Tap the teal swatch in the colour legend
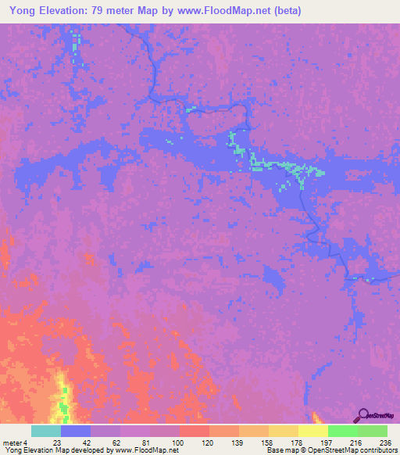46,431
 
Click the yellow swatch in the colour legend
313,431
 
